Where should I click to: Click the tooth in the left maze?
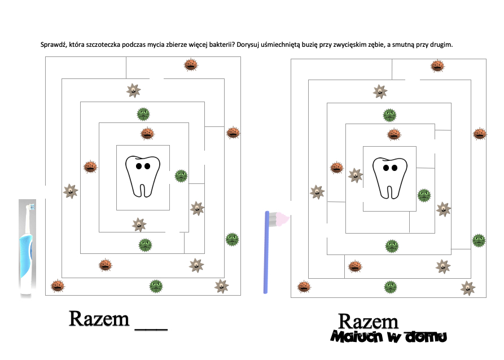click(142, 175)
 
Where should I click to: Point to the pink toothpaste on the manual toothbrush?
click(280, 218)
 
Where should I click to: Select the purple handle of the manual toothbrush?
click(268, 254)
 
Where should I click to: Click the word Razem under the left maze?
click(99, 319)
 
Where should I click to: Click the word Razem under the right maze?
click(368, 322)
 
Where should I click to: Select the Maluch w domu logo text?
click(389, 337)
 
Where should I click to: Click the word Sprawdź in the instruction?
click(54, 45)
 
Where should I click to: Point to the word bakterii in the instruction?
click(218, 45)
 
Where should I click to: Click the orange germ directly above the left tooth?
click(147, 134)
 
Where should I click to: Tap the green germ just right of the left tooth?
click(181, 175)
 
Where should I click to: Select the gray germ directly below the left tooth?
click(138, 225)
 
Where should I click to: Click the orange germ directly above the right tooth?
click(394, 134)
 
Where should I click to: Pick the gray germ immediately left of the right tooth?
click(355, 175)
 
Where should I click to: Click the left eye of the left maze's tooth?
click(138, 166)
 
